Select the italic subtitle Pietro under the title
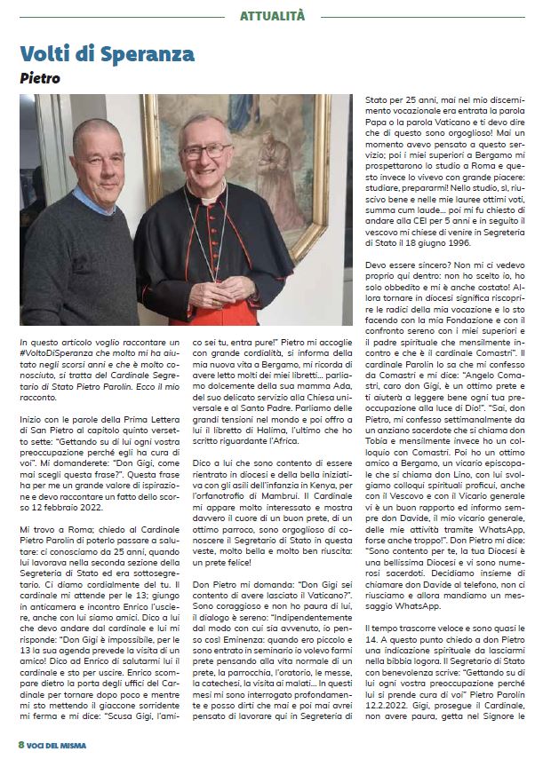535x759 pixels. [40, 78]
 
